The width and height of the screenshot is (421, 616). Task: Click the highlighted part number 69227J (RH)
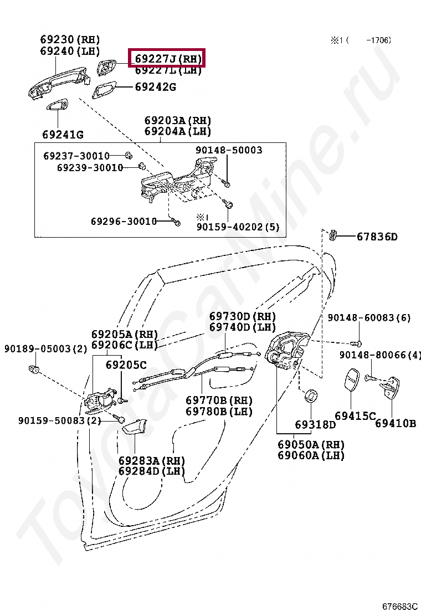coord(166,58)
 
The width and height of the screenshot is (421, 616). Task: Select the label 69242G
coord(156,87)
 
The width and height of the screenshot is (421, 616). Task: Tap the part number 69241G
coord(63,135)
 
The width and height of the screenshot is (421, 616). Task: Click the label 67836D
coord(377,237)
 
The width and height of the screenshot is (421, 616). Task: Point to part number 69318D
coord(315,425)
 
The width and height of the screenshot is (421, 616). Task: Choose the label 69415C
coord(355,416)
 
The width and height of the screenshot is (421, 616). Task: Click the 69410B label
coord(395,424)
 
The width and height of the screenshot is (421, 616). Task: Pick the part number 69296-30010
coord(124,221)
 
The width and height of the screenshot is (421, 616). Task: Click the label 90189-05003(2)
coord(46,348)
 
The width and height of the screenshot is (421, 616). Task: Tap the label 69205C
coord(126,365)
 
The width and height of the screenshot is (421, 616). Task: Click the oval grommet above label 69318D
coord(312,396)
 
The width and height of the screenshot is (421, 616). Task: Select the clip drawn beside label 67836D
coord(333,235)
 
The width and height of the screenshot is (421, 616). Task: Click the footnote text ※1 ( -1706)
coord(361,40)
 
